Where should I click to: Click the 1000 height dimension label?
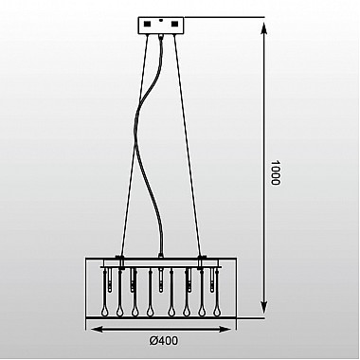(276, 172)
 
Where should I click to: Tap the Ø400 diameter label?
(164, 341)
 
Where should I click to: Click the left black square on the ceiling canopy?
(148, 24)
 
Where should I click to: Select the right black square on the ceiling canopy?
(175, 24)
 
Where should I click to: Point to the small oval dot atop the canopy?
(161, 19)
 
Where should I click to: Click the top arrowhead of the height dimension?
(264, 28)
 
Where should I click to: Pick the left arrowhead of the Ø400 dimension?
(98, 329)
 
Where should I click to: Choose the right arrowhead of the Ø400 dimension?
(225, 329)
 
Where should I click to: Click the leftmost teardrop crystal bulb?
(104, 312)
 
